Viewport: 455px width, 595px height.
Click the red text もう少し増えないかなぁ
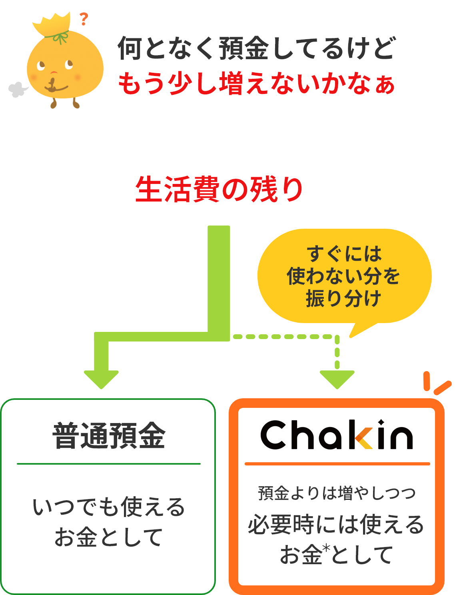[x=256, y=84]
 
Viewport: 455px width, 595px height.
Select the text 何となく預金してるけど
[x=256, y=48]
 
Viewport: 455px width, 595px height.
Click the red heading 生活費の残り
[x=219, y=189]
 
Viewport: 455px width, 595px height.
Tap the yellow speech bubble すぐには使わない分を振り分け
[x=344, y=276]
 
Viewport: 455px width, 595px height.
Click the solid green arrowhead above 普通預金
[x=101, y=379]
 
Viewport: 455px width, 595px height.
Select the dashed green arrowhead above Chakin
[x=337, y=379]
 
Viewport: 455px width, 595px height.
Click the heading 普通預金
[x=109, y=436]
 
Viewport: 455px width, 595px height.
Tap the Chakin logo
[x=337, y=435]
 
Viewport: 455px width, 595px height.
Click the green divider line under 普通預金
[x=109, y=464]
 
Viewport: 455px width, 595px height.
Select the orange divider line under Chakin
[x=337, y=464]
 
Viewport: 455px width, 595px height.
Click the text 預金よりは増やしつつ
[x=337, y=493]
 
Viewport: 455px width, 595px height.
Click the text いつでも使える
[x=109, y=507]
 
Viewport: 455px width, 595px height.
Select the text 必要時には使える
[x=336, y=525]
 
